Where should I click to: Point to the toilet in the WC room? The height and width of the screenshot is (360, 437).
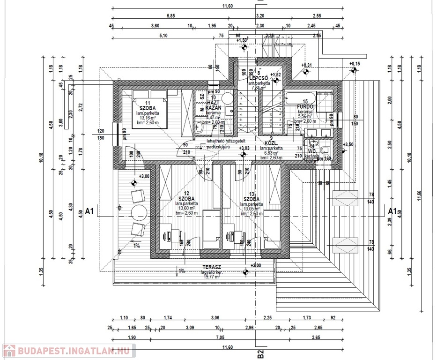[x=327, y=150]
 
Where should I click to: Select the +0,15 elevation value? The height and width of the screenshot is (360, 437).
[x=355, y=64]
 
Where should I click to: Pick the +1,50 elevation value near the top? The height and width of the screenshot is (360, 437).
[x=242, y=41]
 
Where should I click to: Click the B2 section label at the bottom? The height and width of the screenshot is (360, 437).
[x=260, y=353]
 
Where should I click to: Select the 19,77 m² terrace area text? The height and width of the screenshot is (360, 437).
[x=211, y=277]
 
